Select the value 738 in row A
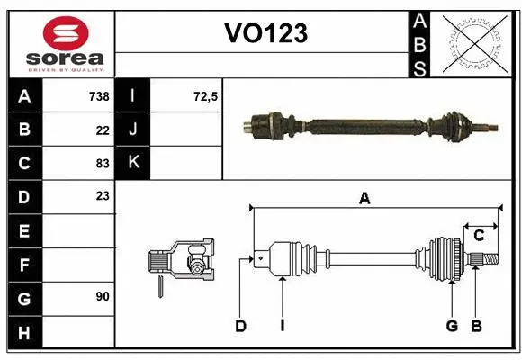98,96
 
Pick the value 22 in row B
102,130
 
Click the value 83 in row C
102,163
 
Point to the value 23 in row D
102,196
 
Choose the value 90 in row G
102,296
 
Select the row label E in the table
24,230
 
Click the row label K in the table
133,163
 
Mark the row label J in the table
133,130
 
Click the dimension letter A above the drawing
364,199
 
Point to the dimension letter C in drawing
480,236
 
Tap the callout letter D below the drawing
240,326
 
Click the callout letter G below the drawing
452,326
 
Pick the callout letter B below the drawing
477,326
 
